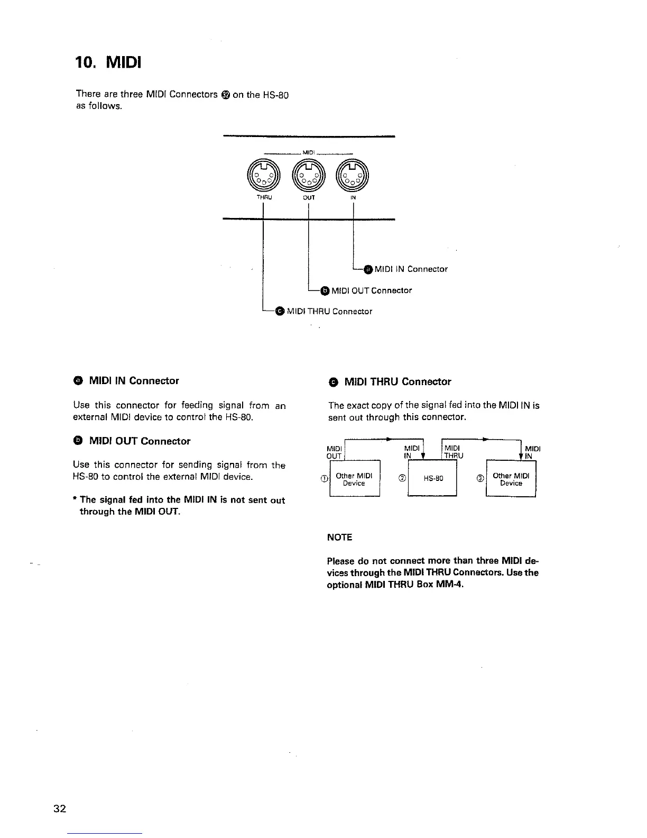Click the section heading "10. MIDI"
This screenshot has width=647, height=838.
[x=108, y=64]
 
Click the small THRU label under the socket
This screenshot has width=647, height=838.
[x=263, y=197]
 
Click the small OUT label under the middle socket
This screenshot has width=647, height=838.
[x=309, y=197]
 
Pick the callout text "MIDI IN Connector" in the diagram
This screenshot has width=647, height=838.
[x=411, y=269]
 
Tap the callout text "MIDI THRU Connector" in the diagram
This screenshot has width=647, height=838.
[x=329, y=312]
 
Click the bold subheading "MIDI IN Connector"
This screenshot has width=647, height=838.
[x=134, y=380]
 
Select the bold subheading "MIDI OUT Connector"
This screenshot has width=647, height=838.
[x=140, y=441]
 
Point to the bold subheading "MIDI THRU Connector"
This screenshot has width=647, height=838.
[x=398, y=381]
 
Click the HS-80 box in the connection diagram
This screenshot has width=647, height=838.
[x=433, y=479]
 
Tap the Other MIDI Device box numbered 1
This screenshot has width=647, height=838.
[x=354, y=479]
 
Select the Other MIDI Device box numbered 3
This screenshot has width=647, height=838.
[x=511, y=479]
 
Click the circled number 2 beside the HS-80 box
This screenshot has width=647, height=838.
[x=402, y=478]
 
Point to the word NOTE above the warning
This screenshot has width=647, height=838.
[x=340, y=538]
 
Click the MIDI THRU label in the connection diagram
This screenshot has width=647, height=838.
[x=454, y=452]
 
